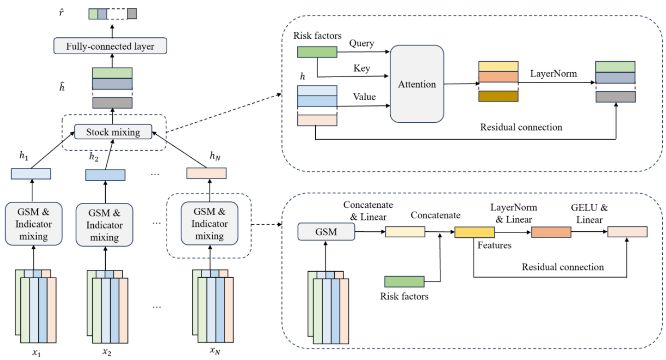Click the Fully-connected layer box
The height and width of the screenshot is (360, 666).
click(x=110, y=46)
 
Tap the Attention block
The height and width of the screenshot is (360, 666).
click(x=417, y=84)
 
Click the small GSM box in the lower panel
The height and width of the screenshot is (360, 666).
click(x=326, y=232)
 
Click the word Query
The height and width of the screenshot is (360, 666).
click(x=362, y=43)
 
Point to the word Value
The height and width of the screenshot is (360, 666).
click(x=364, y=97)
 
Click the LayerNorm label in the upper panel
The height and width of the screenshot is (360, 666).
click(x=554, y=73)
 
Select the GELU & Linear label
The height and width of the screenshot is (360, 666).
click(x=583, y=214)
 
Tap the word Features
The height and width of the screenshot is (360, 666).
click(x=494, y=246)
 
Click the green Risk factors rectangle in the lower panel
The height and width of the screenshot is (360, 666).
click(x=404, y=281)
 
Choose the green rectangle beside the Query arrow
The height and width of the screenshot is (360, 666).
click(x=317, y=52)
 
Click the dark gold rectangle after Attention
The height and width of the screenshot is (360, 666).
click(x=498, y=96)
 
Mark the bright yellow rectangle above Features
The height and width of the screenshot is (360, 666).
click(x=474, y=233)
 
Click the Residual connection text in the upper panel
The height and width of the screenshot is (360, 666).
click(x=521, y=126)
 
